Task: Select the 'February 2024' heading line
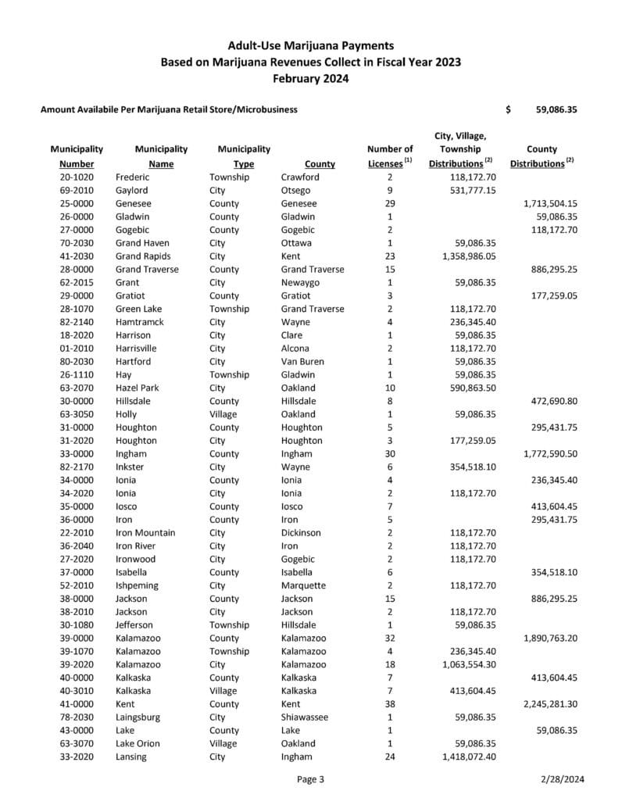[x=311, y=79]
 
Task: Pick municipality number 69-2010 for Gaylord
[x=77, y=191]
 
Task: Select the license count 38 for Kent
[x=389, y=704]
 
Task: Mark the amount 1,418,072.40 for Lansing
[x=469, y=757]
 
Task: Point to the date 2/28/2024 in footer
[x=562, y=779]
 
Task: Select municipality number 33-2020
[x=77, y=757]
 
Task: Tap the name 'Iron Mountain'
[x=145, y=533]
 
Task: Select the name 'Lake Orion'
[x=138, y=743]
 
